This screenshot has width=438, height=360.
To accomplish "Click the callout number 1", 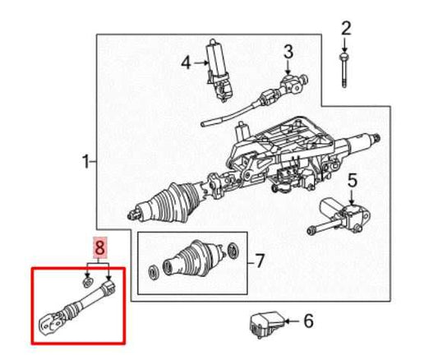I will click(85, 163).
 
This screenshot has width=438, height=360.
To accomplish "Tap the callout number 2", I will click(346, 29).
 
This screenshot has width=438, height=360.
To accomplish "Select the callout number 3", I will click(288, 53).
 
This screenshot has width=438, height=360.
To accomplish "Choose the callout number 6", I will click(309, 321).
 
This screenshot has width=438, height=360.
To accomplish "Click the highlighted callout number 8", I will click(99, 246).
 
